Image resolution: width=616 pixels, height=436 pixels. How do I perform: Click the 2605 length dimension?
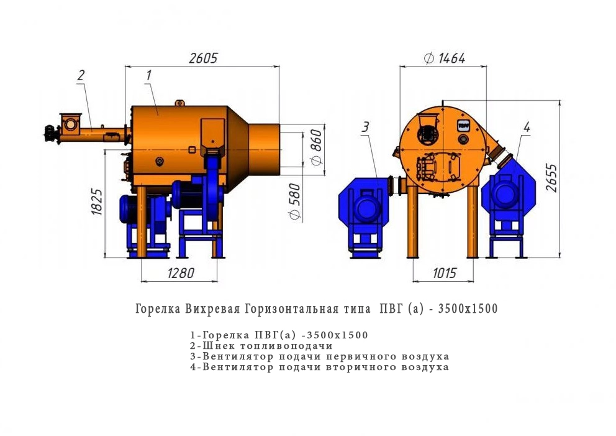pyautogui.click(x=203, y=58)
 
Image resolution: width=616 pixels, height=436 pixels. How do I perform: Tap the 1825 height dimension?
pyautogui.click(x=97, y=202)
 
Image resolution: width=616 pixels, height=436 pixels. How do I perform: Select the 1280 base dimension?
pyautogui.click(x=181, y=272)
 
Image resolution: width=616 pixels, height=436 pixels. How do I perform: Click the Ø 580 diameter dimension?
pyautogui.click(x=294, y=201)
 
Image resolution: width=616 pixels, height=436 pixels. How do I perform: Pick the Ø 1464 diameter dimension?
pyautogui.click(x=445, y=58)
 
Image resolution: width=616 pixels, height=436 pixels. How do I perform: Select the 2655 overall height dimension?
pyautogui.click(x=551, y=178)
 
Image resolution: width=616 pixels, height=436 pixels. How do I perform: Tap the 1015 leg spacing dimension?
pyautogui.click(x=445, y=272)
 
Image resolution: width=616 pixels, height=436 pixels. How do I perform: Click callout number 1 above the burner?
pyautogui.click(x=148, y=75)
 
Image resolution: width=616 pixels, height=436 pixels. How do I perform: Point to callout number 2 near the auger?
pyautogui.click(x=81, y=75)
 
